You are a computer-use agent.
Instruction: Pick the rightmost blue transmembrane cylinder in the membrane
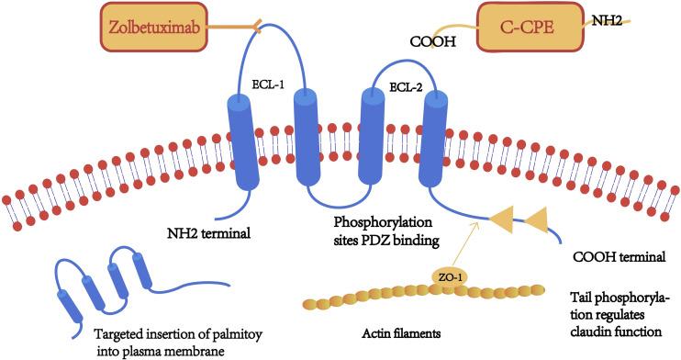click(433, 137)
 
